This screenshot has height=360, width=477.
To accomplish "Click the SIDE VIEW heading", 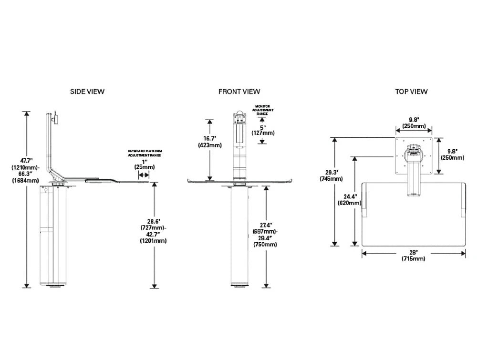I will click(87, 92).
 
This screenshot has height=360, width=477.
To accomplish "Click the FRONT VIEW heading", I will click(239, 92).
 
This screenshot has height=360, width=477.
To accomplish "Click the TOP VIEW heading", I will click(411, 92).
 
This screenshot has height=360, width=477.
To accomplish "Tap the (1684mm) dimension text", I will click(25, 180).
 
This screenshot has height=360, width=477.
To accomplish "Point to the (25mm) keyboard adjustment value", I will click(144, 167).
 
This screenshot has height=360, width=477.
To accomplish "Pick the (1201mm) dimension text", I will click(153, 241).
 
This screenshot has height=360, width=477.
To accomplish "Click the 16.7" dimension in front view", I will click(210, 138).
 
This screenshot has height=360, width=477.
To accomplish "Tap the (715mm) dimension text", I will click(413, 258).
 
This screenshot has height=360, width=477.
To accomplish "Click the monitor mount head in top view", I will click(413, 152).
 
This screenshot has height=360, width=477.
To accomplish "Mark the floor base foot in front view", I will click(239, 287).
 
